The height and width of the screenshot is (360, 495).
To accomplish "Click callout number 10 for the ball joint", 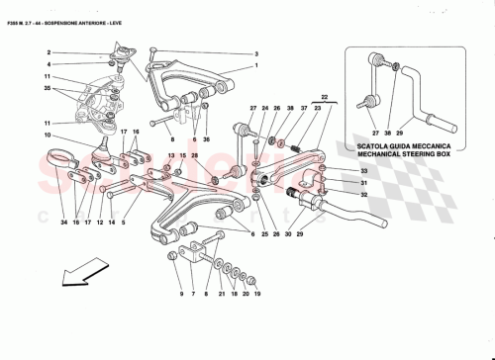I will coord(47,135).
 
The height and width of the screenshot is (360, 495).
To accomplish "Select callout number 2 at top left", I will coord(48,54).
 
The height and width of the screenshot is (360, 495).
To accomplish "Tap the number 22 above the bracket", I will coord(322,96).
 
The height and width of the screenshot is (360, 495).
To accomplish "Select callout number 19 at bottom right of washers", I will coord(256,295).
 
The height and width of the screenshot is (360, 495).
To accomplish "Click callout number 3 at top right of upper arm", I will coord(254,53).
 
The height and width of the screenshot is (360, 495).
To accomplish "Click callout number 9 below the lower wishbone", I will coord(181,295).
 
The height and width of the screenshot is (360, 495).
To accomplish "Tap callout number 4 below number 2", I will coord(48,65).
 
